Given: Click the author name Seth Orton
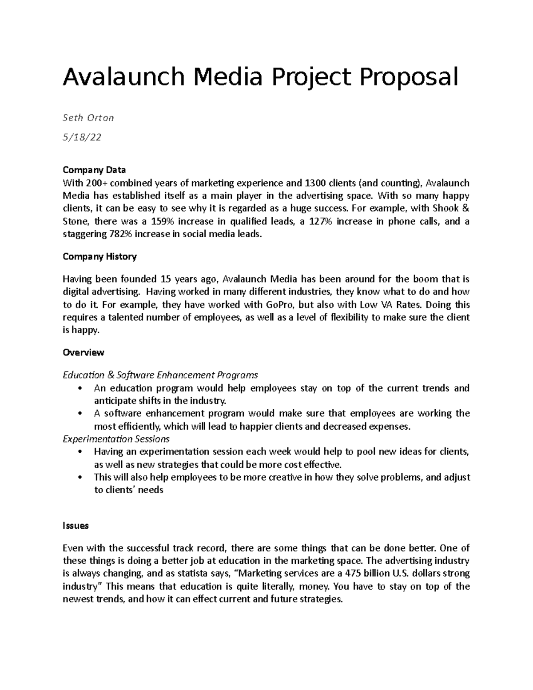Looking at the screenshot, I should pyautogui.click(x=88, y=118).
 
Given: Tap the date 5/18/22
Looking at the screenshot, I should pyautogui.click(x=82, y=137).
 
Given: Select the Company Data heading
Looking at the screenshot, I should pyautogui.click(x=94, y=170).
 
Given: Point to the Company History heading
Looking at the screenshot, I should pyautogui.click(x=99, y=256).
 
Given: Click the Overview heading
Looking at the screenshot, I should pyautogui.click(x=84, y=352).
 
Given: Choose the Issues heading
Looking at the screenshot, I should pyautogui.click(x=76, y=526).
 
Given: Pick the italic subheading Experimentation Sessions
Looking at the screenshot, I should pyautogui.click(x=116, y=439).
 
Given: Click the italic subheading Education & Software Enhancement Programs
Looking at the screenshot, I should pyautogui.click(x=160, y=375).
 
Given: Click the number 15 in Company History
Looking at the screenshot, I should pyautogui.click(x=166, y=279).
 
